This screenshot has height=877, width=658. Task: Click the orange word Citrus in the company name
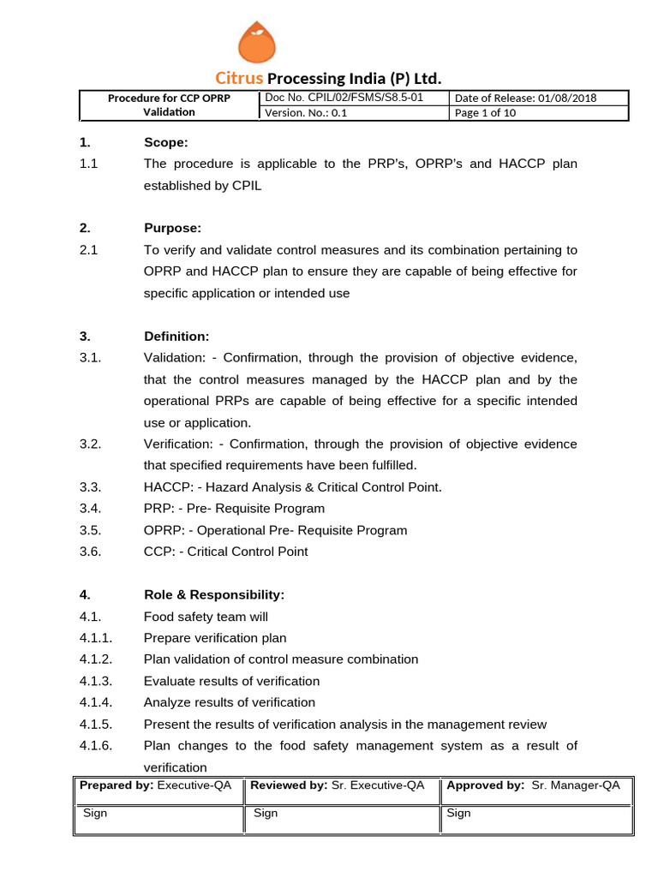(x=240, y=79)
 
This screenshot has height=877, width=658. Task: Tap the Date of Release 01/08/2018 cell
(x=525, y=98)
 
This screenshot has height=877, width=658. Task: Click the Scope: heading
(x=165, y=143)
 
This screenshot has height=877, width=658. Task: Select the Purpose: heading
(x=172, y=229)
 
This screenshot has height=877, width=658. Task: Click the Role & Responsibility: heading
(x=214, y=594)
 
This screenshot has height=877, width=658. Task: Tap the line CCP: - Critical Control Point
(x=225, y=552)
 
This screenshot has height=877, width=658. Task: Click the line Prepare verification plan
(x=215, y=638)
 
